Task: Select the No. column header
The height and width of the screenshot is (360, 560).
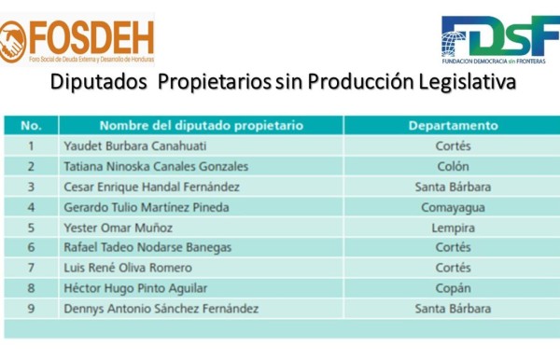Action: click(31, 125)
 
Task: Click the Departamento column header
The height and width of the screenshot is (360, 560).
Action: click(454, 125)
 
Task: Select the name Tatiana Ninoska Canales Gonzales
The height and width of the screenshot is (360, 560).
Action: click(156, 166)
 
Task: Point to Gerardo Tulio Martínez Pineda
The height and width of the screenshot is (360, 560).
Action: click(147, 207)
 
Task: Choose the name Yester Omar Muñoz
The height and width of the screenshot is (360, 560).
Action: click(110, 228)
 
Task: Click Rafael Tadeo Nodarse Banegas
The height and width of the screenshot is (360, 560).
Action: click(147, 247)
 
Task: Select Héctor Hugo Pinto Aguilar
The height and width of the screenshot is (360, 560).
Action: click(135, 288)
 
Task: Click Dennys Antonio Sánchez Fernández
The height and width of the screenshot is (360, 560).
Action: click(161, 309)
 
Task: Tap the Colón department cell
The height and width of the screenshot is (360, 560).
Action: click(454, 166)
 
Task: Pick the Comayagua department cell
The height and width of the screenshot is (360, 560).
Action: click(454, 207)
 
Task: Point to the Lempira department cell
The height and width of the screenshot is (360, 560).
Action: click(454, 228)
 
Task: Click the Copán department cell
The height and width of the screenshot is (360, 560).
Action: click(454, 288)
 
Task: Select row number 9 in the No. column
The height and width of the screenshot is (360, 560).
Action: click(31, 309)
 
